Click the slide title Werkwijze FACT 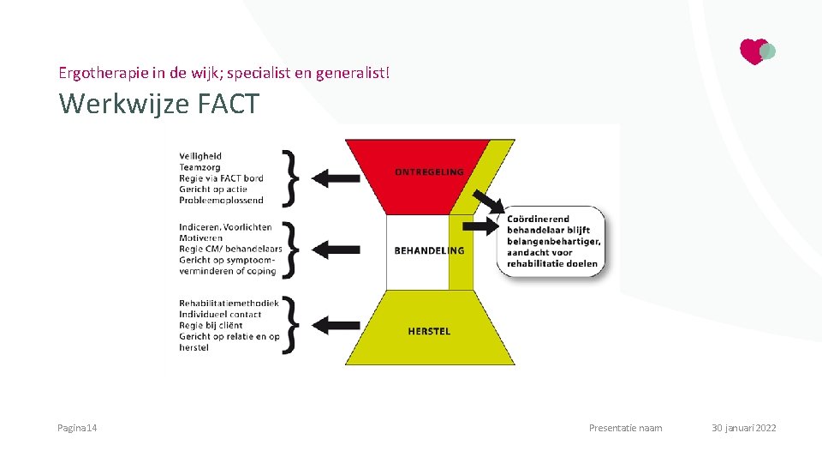coord(158,104)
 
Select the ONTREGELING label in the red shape coord(429,171)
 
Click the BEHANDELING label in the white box coord(429,250)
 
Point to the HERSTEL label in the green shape coord(429,331)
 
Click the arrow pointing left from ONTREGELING coord(336,178)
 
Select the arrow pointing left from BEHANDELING coord(336,250)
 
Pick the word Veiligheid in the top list coord(200,157)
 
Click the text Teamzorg coord(199,168)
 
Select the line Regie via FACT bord coord(221,178)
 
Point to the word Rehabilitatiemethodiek coord(229,304)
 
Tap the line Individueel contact coord(220,315)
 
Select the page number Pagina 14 coord(77,428)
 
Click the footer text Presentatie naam coord(625,428)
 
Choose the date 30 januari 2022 coord(743,428)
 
